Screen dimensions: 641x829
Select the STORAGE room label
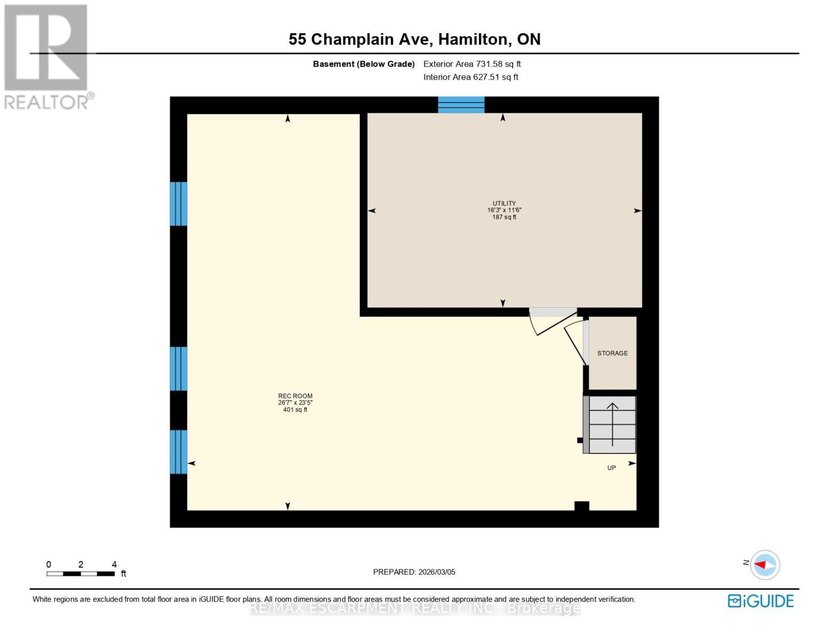[612, 353]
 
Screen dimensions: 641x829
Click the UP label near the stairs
[612, 468]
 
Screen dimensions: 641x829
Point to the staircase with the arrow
[612, 425]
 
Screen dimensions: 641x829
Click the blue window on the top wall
[461, 105]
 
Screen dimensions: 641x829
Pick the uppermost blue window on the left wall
[178, 204]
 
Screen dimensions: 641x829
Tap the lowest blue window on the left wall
[178, 452]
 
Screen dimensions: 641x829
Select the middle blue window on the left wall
[178, 369]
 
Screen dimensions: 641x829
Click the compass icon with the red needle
[765, 565]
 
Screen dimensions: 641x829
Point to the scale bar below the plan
[81, 574]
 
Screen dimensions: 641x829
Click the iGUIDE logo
[760, 601]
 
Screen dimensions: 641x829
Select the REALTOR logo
[46, 56]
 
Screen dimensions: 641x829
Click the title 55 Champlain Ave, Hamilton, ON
[414, 40]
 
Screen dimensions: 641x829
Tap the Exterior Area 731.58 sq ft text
[472, 64]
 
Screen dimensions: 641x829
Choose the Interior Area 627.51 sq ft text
[471, 77]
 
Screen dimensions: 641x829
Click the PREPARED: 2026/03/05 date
[414, 572]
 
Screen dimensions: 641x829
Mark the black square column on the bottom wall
[581, 506]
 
